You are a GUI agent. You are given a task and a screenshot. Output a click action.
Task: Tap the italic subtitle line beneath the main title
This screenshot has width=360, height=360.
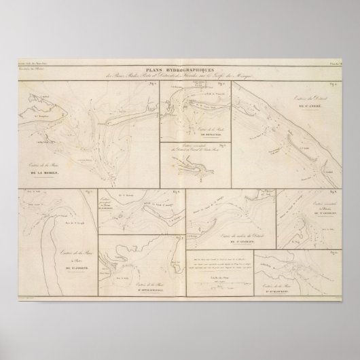[x=180, y=75]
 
